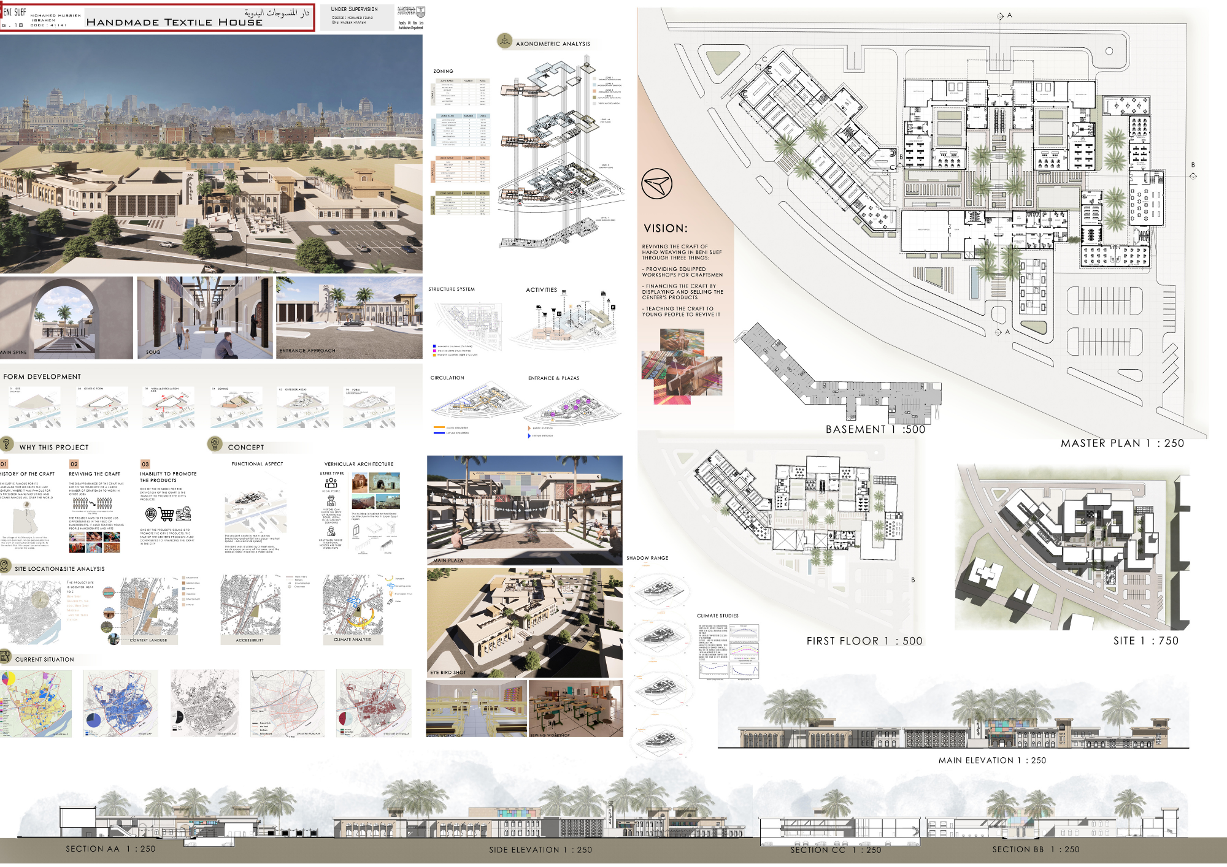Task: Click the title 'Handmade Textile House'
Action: coord(174,22)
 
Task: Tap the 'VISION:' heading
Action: coord(666,228)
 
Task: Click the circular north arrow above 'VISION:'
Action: coord(656,183)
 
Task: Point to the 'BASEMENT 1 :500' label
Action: coord(875,429)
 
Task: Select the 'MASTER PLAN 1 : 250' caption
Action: coord(1122,443)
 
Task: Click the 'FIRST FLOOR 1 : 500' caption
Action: coord(864,641)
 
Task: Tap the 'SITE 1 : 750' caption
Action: coord(1145,641)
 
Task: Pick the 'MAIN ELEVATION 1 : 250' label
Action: coord(992,760)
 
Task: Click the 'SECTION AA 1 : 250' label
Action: coord(110,849)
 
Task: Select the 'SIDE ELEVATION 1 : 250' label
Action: coord(540,850)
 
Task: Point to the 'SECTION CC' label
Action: coord(818,850)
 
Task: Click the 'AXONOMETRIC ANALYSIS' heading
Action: coord(553,44)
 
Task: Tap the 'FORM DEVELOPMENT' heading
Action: coord(42,376)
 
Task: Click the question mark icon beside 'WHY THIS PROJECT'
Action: coord(7,444)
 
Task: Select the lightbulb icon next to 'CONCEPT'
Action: coord(215,444)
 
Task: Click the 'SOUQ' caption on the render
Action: coord(153,352)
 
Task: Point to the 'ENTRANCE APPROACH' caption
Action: coord(307,351)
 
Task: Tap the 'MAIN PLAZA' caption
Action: coord(448,560)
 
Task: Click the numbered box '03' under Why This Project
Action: coord(145,464)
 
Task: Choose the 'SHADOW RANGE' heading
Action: coord(647,558)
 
